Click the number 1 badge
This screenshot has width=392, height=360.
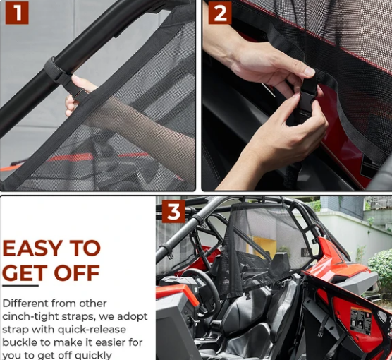pyautogui.click(x=17, y=13)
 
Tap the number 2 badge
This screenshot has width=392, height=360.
pyautogui.click(x=220, y=13)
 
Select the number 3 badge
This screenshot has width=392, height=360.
pyautogui.click(x=173, y=212)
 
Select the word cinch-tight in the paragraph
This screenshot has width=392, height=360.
pyautogui.click(x=30, y=317)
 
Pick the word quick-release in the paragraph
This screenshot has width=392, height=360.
pyautogui.click(x=92, y=330)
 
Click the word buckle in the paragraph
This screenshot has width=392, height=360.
pyautogui.click(x=17, y=342)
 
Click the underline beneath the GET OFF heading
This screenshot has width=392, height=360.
pyautogui.click(x=20, y=286)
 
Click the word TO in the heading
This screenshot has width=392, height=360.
pyautogui.click(x=85, y=248)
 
